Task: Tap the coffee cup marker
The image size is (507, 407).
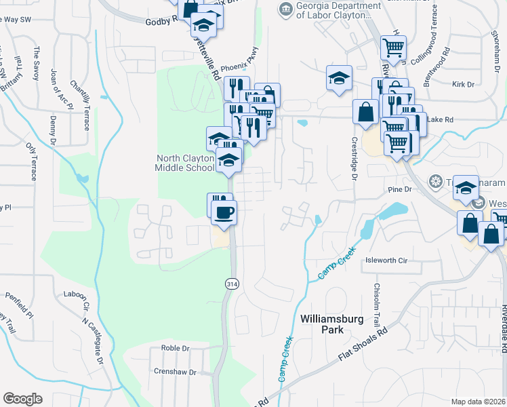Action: click(223, 213)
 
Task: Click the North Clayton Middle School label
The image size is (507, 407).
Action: click(184, 163)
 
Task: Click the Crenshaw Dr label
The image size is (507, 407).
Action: click(174, 372)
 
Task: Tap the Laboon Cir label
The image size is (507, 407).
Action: click(75, 295)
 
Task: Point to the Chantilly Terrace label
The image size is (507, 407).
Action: click(80, 106)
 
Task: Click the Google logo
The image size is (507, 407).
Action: click(22, 398)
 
